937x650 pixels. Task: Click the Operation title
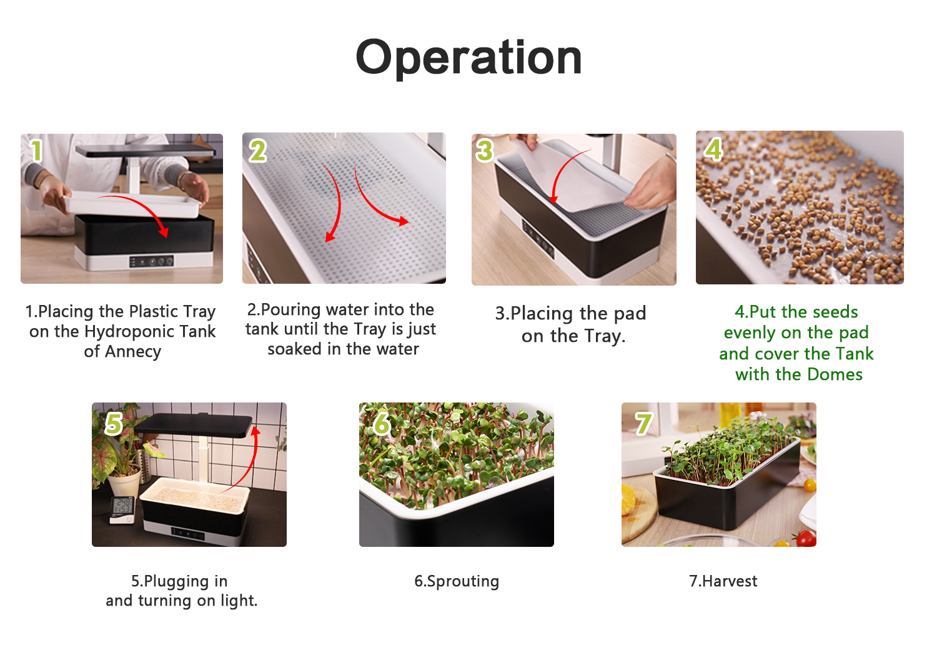click(468, 57)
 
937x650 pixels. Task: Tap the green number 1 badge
click(36, 150)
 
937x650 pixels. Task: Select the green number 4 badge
click(713, 149)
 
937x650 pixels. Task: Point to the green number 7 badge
click(643, 424)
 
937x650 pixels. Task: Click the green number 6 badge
click(382, 424)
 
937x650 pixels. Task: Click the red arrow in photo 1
click(138, 209)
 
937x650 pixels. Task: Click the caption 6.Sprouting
click(457, 581)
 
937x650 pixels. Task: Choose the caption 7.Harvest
click(723, 581)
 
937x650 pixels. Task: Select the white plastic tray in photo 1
click(134, 204)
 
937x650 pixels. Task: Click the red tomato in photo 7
click(806, 538)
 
